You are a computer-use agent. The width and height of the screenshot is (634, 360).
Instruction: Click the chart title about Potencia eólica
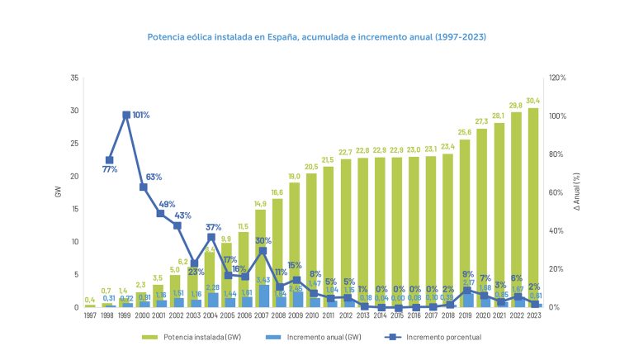click(x=316, y=38)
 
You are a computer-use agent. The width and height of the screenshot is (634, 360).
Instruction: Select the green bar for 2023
click(x=534, y=206)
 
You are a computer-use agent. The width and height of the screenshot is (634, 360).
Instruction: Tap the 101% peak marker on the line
click(x=126, y=115)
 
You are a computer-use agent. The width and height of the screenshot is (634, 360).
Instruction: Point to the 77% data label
click(x=109, y=169)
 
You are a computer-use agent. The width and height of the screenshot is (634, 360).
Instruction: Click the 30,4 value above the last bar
click(x=533, y=101)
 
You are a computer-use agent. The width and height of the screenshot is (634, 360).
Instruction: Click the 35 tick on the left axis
click(x=74, y=78)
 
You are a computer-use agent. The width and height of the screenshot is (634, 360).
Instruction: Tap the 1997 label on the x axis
click(x=90, y=315)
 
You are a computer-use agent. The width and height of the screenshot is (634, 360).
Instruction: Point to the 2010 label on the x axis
click(x=312, y=315)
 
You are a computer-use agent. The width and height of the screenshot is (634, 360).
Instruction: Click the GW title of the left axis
click(x=58, y=192)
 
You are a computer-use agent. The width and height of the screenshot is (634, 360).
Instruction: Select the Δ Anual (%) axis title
click(x=577, y=192)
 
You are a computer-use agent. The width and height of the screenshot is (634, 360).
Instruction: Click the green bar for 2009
click(x=294, y=239)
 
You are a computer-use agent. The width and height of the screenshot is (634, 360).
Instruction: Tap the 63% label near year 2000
click(x=154, y=177)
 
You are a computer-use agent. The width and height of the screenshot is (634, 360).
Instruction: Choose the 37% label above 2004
click(x=214, y=227)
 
